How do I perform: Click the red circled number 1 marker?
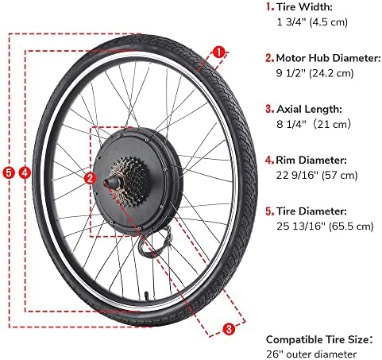(x=218, y=52)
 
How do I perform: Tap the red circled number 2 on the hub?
(x=90, y=178)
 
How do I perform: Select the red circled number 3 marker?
(x=229, y=329)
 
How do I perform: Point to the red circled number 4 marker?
(x=25, y=173)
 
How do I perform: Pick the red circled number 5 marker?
(x=9, y=173)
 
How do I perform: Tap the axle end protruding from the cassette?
(x=109, y=183)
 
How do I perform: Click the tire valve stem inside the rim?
(x=146, y=296)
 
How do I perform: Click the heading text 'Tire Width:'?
(x=304, y=7)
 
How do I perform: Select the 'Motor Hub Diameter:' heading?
(x=328, y=58)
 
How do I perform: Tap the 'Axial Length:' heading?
(x=309, y=109)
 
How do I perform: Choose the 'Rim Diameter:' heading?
(x=311, y=161)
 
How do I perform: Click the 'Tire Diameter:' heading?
(x=311, y=211)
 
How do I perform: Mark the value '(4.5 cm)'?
(x=328, y=22)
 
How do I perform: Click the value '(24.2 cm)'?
(x=331, y=73)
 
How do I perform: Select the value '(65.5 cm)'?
(x=351, y=226)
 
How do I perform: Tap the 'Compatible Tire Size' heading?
(x=318, y=340)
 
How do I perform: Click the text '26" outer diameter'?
(x=311, y=354)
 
